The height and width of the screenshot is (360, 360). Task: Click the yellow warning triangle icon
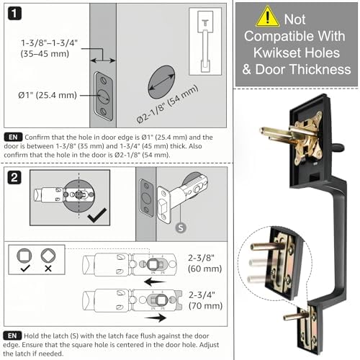coord(267,17)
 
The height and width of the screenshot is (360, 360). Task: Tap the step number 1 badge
coord(14,14)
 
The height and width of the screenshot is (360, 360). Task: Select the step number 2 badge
coord(14,178)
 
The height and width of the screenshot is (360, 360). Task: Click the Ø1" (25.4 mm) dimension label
coord(48,95)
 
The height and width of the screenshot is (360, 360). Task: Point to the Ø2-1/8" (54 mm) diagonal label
coord(167,104)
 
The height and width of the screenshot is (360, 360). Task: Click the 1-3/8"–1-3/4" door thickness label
coord(49,48)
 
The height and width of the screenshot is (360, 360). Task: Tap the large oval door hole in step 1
coord(161,82)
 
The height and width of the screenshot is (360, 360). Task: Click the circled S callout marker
coord(181,228)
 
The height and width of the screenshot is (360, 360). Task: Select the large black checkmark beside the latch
coord(97,215)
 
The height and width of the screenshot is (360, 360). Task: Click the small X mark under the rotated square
coord(48,269)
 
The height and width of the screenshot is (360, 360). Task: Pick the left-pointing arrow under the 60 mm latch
coord(156,282)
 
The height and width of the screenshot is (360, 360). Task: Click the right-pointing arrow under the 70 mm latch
coord(156,318)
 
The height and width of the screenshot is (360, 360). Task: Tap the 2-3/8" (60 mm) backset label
coord(204,264)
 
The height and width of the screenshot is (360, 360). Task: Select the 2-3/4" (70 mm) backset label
coord(205,300)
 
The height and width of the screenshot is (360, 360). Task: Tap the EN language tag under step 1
coord(13,137)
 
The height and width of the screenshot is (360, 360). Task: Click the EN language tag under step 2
coord(12,336)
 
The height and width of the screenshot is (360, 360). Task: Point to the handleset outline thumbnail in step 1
coord(205,41)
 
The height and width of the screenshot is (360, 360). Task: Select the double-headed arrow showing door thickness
coord(103,60)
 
